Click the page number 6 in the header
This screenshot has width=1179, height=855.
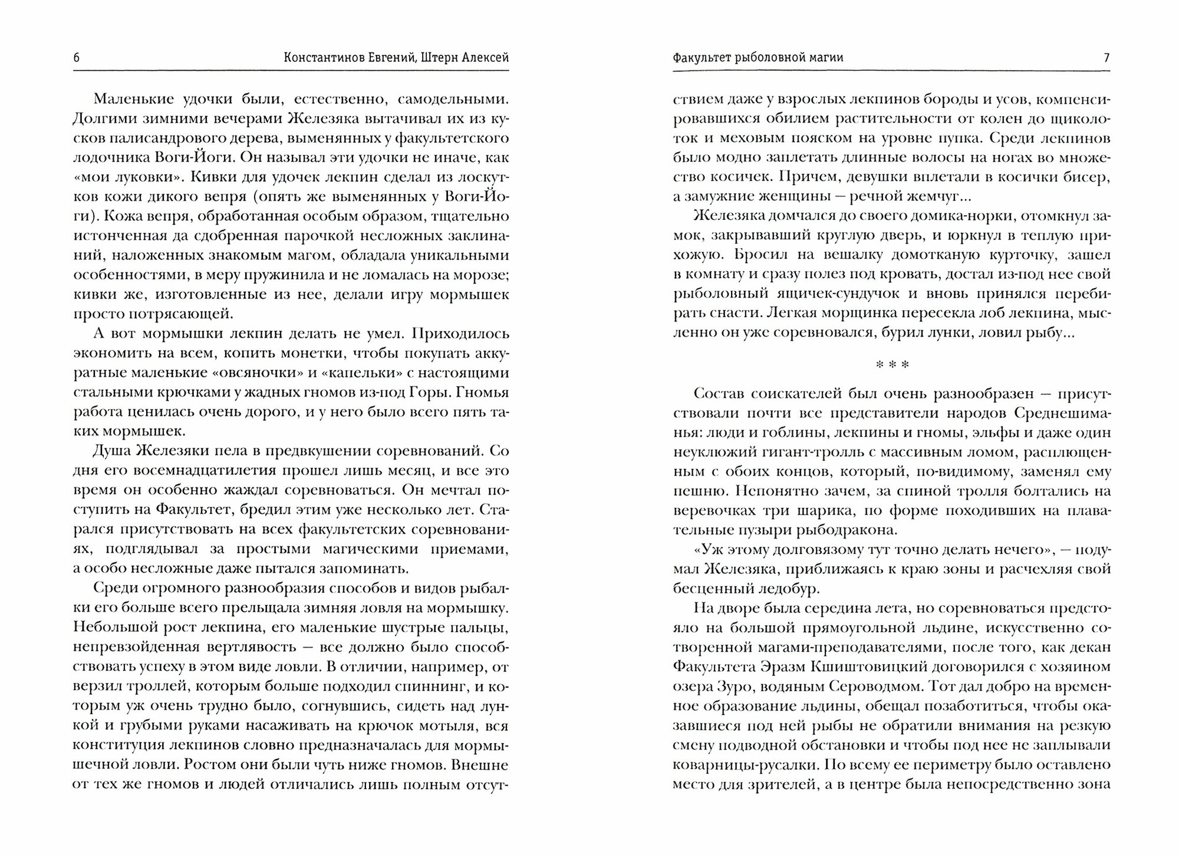(77, 58)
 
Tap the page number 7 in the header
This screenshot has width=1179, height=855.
(1106, 58)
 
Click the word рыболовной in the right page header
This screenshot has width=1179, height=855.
(778, 58)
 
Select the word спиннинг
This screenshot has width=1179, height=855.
(429, 686)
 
